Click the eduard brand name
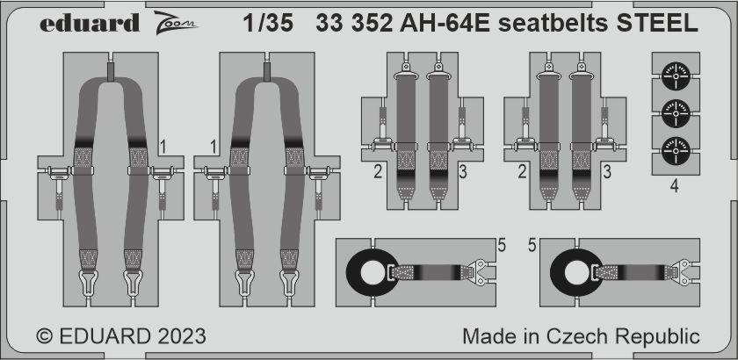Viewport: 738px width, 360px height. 90,23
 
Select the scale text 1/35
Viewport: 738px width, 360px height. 268,24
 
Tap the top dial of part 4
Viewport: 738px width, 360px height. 676,75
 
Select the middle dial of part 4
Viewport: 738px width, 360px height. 676,112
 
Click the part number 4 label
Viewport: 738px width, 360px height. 675,187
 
